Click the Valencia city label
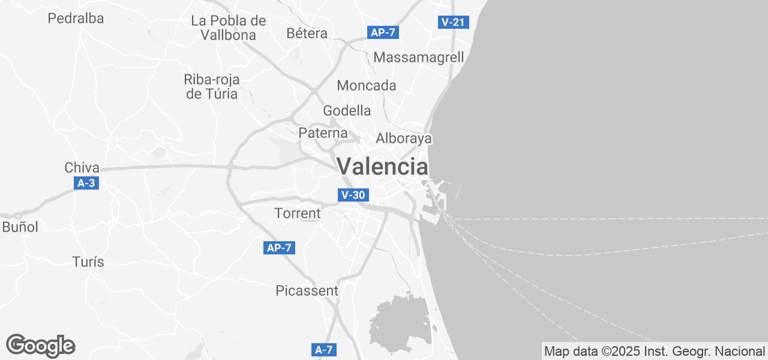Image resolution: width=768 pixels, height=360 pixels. tap(383, 166)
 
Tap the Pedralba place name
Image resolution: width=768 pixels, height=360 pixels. tap(76, 19)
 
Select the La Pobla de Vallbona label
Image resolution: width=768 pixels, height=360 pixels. tap(228, 28)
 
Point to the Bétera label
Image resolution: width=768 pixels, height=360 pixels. tap(307, 33)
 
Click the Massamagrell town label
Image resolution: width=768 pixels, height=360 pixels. tap(419, 58)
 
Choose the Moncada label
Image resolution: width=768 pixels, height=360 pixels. tap(367, 85)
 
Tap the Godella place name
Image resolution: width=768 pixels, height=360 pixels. tap(347, 110)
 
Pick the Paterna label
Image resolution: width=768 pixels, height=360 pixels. tap(323, 133)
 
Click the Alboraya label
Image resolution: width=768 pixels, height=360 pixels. tap(404, 139)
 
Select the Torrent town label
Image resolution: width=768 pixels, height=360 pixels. tap(298, 213)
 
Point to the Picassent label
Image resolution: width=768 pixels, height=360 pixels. tap(307, 291)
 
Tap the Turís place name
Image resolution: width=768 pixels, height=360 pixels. tap(88, 262)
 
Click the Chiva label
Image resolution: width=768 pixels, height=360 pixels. tap(82, 167)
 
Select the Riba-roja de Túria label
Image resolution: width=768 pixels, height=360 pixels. tap(212, 86)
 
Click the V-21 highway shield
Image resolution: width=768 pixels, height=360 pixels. tap(453, 22)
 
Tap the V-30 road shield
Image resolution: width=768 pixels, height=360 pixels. tap(353, 195)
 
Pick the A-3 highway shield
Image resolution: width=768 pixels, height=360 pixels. tap(86, 183)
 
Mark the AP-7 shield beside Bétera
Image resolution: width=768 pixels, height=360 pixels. tap(383, 32)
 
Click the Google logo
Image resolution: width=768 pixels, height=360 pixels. tap(40, 346)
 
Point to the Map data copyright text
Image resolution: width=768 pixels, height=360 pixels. tap(655, 351)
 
